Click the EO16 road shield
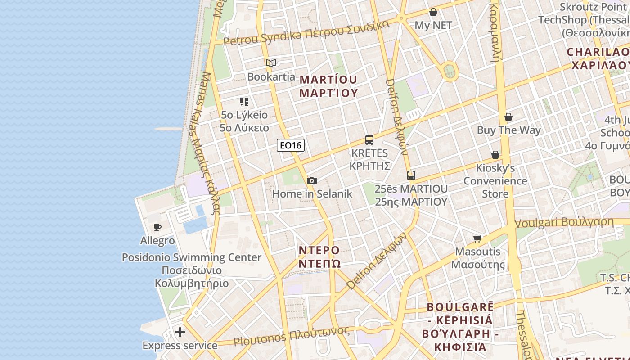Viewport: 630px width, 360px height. pyautogui.click(x=291, y=145)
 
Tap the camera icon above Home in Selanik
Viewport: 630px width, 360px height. pyautogui.click(x=311, y=180)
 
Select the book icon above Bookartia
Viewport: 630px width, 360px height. pyautogui.click(x=271, y=63)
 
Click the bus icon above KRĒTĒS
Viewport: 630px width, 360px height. pyautogui.click(x=369, y=139)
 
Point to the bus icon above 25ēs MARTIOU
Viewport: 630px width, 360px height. pyautogui.click(x=411, y=175)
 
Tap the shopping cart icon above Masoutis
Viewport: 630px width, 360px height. pyautogui.click(x=477, y=238)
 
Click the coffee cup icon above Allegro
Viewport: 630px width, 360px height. pyautogui.click(x=157, y=227)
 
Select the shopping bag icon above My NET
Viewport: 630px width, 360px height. pyautogui.click(x=433, y=12)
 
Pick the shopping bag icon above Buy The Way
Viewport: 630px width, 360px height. pyautogui.click(x=508, y=117)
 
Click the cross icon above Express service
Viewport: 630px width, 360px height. pyautogui.click(x=180, y=332)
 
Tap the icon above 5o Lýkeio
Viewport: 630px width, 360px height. pyautogui.click(x=244, y=102)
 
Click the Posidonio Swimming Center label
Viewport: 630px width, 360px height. pyautogui.click(x=192, y=257)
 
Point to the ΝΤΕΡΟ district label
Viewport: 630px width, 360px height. pyautogui.click(x=319, y=250)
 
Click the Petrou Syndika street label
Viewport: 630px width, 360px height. pyautogui.click(x=306, y=32)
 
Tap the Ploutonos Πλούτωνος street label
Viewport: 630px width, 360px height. pyautogui.click(x=292, y=336)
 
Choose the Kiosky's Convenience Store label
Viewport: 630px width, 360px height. pyautogui.click(x=495, y=181)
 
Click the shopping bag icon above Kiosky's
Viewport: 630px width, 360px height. pyautogui.click(x=495, y=155)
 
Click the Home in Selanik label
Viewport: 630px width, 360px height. pyautogui.click(x=312, y=194)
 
